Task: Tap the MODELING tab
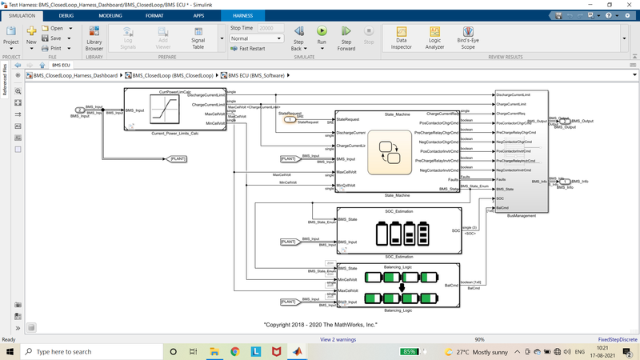(x=111, y=15)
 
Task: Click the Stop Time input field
(x=270, y=28)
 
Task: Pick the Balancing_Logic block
(x=398, y=286)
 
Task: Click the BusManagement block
(x=522, y=152)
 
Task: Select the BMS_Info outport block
(x=565, y=183)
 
